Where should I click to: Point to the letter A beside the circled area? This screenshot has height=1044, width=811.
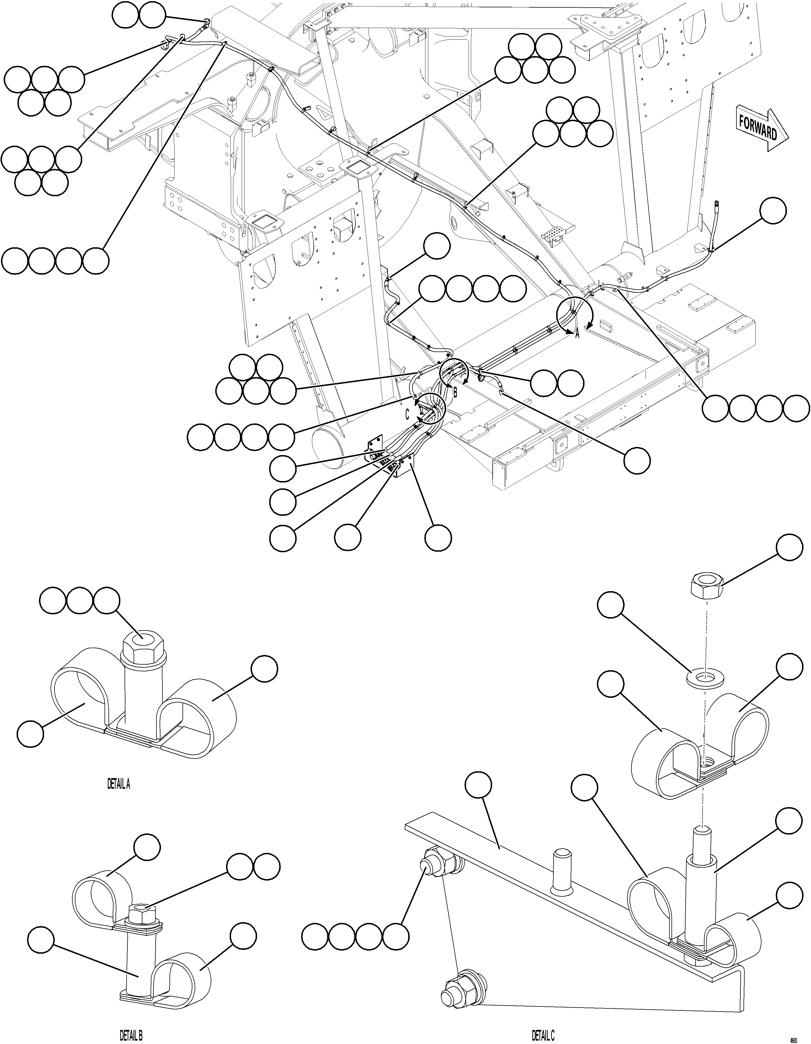pos(577,334)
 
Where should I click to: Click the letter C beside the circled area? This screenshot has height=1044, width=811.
pos(407,415)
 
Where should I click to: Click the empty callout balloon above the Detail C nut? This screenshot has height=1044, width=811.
pos(789,547)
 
